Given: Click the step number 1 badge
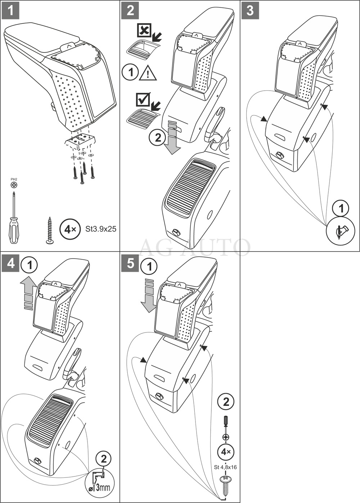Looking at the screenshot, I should [x=11, y=10].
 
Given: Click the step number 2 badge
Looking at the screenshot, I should [x=130, y=10].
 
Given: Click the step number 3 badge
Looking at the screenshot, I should [x=250, y=10].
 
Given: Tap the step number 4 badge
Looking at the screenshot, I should [x=11, y=263].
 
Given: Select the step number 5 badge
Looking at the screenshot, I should [x=130, y=263].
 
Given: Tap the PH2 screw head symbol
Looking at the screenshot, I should [x=14, y=185].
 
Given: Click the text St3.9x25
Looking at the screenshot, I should [x=101, y=229].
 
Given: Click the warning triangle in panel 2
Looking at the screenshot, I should [x=148, y=73].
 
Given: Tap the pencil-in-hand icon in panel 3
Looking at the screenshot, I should [x=340, y=231].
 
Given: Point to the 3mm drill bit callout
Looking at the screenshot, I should [x=100, y=481].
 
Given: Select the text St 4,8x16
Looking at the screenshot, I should [x=225, y=467].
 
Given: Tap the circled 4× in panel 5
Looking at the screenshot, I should [x=226, y=452].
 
